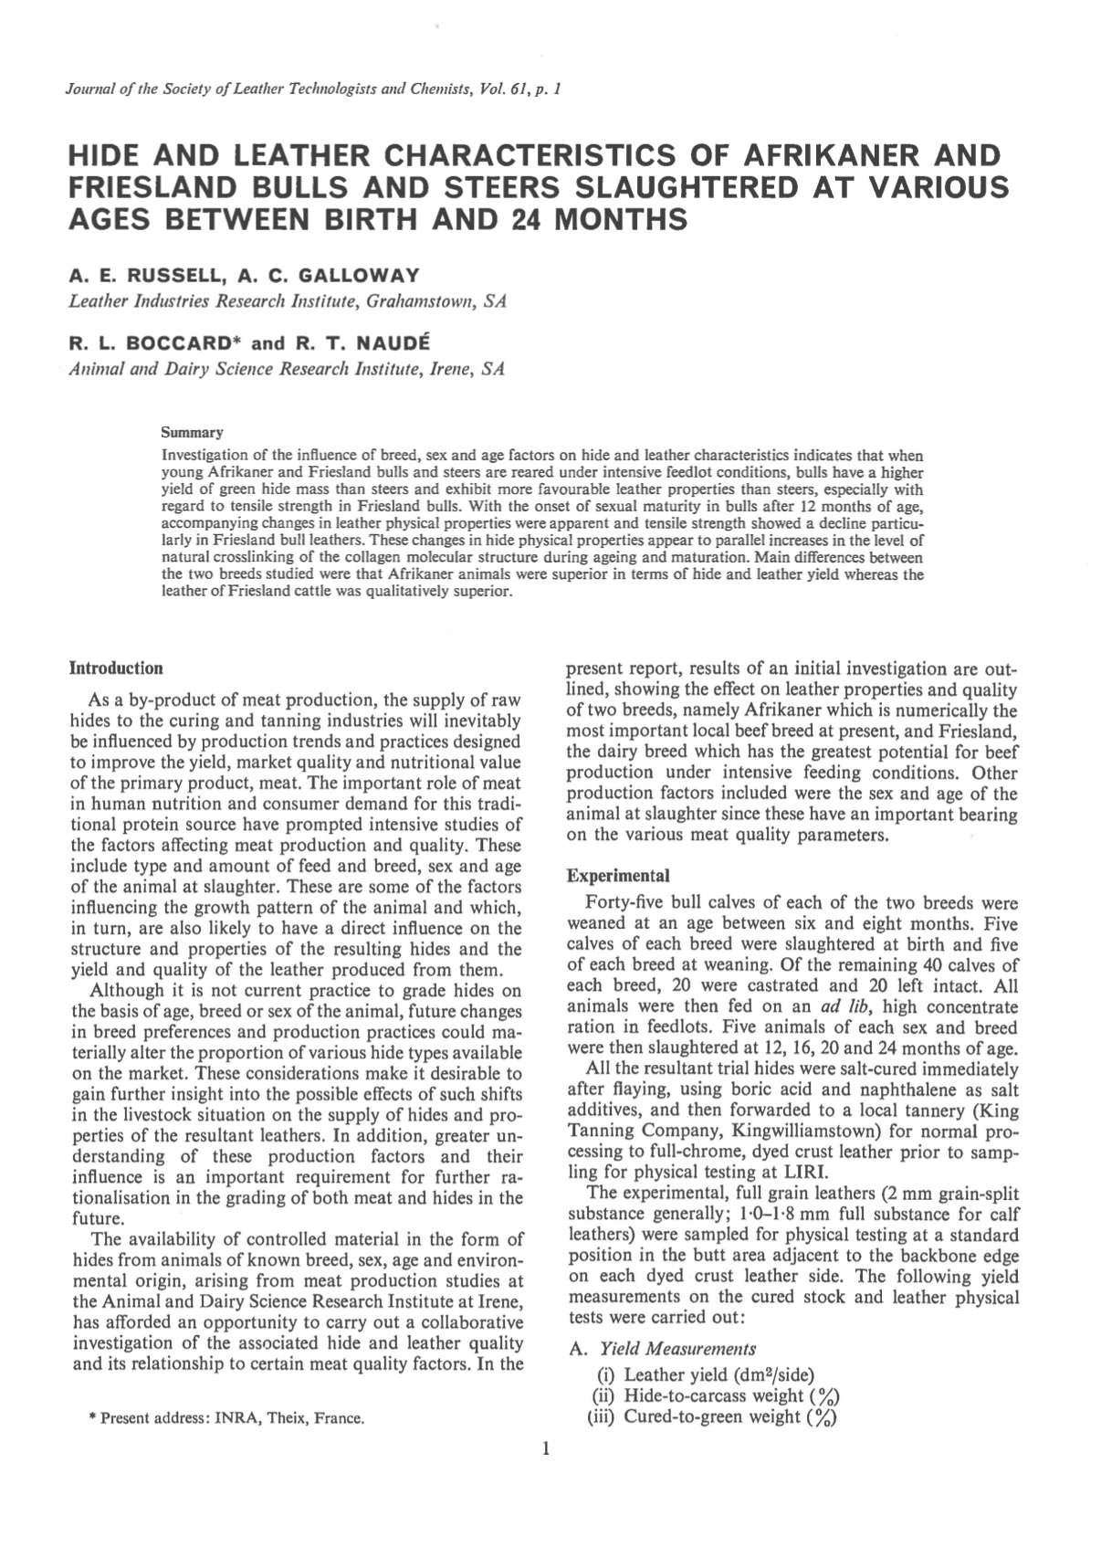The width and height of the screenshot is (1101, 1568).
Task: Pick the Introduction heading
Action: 117,668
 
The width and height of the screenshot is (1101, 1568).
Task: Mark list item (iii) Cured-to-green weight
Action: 714,1417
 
